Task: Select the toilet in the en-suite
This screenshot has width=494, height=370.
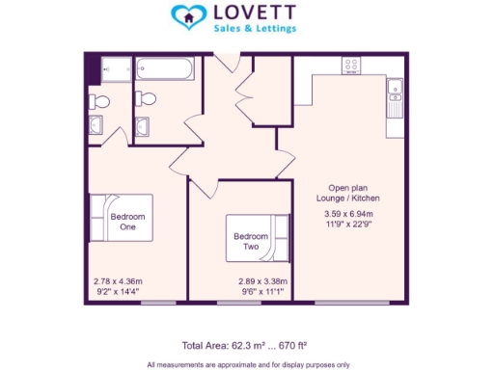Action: click(x=97, y=99)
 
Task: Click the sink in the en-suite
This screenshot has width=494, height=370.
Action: click(x=96, y=125)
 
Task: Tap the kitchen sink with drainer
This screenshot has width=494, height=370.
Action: click(x=394, y=97)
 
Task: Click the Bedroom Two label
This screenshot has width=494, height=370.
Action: click(x=249, y=241)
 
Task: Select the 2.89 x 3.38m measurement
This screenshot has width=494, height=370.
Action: click(x=262, y=281)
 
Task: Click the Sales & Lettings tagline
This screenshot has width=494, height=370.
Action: click(x=255, y=30)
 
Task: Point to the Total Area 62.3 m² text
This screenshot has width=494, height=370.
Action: click(x=244, y=344)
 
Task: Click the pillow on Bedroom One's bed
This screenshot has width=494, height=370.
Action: click(x=97, y=219)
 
